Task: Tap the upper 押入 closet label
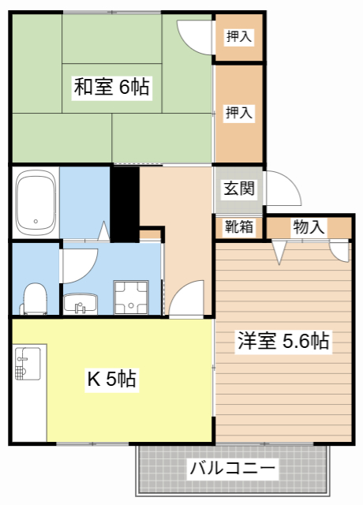pyautogui.click(x=239, y=36)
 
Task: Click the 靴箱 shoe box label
pyautogui.click(x=238, y=227)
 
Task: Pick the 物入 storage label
pyautogui.click(x=309, y=227)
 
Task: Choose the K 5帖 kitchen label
pyautogui.click(x=111, y=380)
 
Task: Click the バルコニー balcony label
pyautogui.click(x=233, y=469)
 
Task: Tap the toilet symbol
pyautogui.click(x=35, y=298)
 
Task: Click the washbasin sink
pyautogui.click(x=80, y=302)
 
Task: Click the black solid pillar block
pyautogui.click(x=124, y=203)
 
